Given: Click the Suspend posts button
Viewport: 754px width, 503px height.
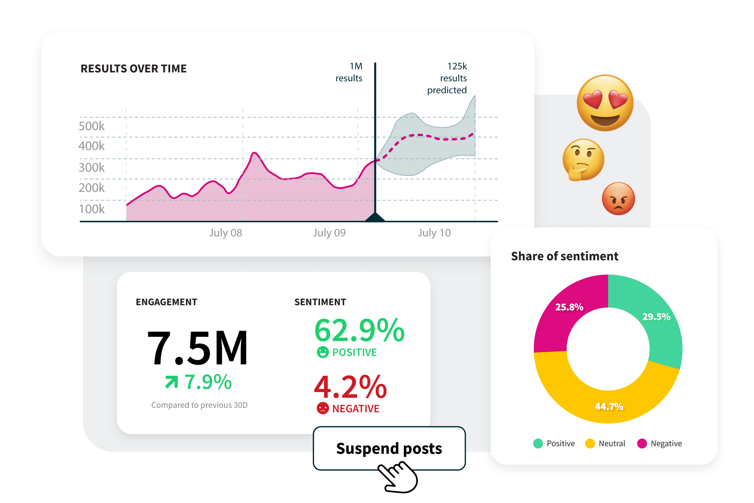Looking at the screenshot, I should coord(389,448).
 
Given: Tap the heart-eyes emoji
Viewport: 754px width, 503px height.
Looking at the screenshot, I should coord(605,103).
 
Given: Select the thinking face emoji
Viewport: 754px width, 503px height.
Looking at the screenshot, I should coord(583,159).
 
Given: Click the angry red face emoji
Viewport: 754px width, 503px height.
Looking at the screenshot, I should coord(618,199).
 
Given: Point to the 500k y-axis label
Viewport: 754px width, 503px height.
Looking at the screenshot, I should coord(92,126).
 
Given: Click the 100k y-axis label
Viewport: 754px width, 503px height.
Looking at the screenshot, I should coord(92,209).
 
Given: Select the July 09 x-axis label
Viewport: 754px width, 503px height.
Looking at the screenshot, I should coord(329,232).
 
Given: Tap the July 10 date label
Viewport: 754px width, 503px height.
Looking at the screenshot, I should coord(434,232).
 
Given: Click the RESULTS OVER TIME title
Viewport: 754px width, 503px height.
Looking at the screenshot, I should coord(133,69).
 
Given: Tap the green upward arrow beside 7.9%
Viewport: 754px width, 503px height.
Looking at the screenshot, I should coord(171,382).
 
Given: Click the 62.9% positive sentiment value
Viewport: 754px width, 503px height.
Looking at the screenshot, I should coord(359,331).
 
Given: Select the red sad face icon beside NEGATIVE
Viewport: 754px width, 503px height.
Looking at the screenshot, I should coord(323,408).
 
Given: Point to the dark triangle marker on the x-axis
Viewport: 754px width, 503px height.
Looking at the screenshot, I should coord(375,217).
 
